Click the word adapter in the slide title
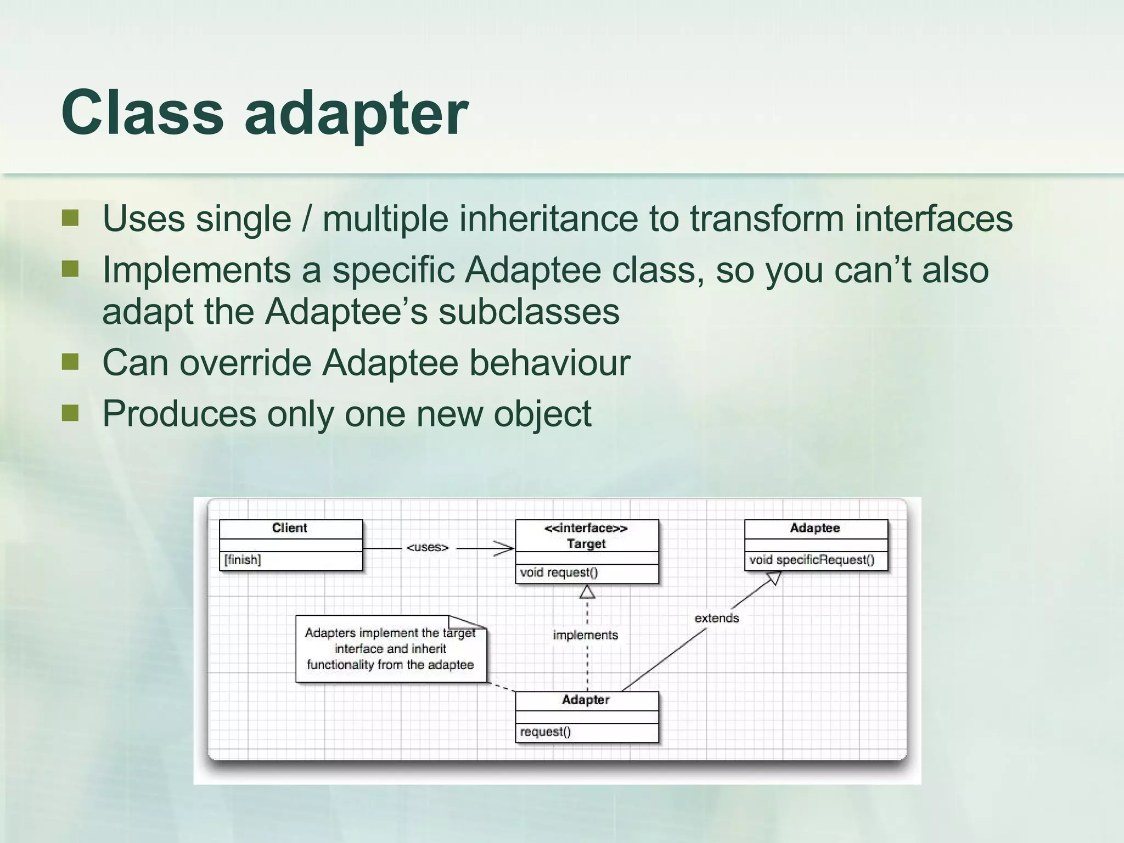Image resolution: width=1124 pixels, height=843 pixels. pos(356,114)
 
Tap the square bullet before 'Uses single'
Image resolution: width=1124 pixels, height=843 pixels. pos(70,218)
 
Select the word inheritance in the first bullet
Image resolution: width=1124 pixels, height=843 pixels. pos(548,218)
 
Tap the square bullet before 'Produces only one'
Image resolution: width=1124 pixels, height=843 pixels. pos(70,413)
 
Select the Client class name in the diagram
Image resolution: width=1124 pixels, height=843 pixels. pos(289,528)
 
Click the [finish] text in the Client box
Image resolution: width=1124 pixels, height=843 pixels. pos(243,560)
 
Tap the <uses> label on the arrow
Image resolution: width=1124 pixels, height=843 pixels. pos(428,547)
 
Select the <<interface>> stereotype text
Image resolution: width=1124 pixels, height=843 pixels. pos(586,528)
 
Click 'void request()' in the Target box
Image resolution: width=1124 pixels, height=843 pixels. pos(559,572)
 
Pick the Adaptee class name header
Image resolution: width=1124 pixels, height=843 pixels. pos(814,528)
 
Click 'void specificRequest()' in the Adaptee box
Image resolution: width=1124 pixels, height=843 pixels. pos(811,560)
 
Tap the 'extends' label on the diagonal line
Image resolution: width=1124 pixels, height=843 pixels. pos(716,618)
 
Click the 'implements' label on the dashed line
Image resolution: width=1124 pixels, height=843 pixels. pos(585,635)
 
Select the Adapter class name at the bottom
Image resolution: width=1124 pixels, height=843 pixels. pos(586,700)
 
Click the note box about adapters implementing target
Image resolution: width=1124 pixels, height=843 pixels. pos(390,649)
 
